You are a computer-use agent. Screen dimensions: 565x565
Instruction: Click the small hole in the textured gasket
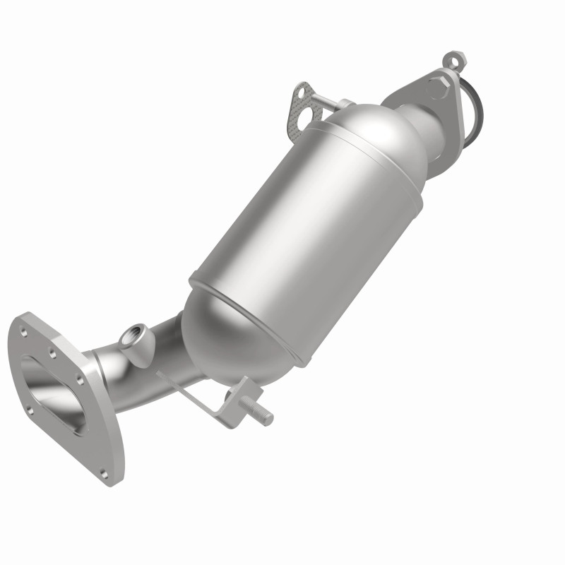tap(303, 90)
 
